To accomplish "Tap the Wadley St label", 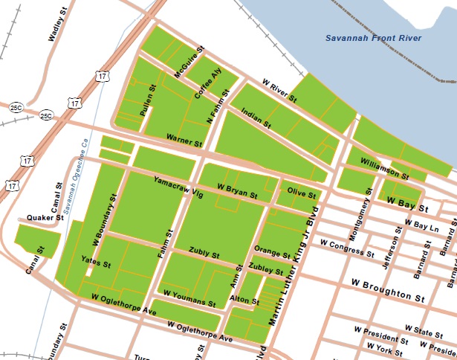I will pyautogui.click(x=54, y=29).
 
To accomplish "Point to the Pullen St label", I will pyautogui.click(x=147, y=100).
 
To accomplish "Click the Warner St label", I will pyautogui.click(x=184, y=139).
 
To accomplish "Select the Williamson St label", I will pyautogui.click(x=383, y=167).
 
